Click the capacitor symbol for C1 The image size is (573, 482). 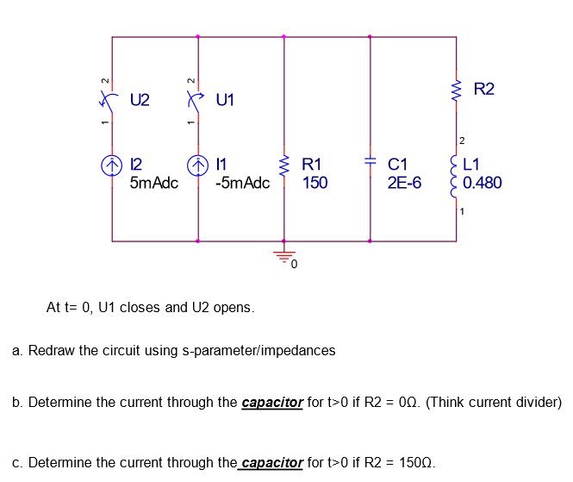pos(370,162)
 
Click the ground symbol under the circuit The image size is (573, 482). pos(283,255)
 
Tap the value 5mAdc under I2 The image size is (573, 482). pos(153,183)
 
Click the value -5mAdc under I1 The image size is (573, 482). pos(242,183)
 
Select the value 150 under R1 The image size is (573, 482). pos(315,183)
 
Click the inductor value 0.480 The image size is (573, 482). pos(482,183)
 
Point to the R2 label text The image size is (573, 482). pos(484,89)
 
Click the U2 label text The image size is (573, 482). pos(140,100)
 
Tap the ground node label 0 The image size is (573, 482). pos(294,265)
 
